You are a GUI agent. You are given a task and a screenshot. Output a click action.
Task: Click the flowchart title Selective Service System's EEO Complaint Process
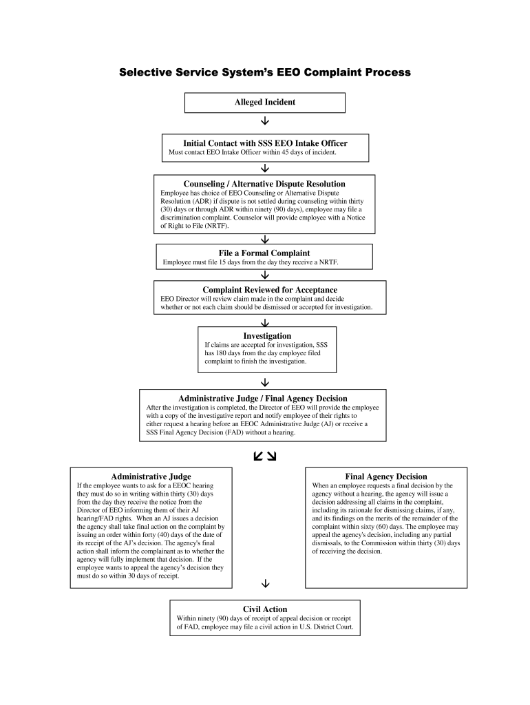265,72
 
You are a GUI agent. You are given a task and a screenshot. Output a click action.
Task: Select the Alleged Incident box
265,103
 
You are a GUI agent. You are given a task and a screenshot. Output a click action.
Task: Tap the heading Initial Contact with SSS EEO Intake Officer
265,143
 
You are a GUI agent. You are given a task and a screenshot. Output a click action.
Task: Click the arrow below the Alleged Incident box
265,123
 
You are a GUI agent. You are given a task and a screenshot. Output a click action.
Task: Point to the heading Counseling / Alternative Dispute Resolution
264,184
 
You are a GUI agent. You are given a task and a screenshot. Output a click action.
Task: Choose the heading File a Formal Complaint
264,253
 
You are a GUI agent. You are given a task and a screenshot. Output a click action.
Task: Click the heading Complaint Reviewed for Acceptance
270,290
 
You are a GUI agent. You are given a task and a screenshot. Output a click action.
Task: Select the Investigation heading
267,335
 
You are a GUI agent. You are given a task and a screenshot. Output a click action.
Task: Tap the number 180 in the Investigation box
226,352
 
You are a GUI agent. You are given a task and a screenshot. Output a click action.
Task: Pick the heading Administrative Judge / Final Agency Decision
263,398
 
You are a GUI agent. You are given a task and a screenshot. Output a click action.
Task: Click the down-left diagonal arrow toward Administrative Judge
257,456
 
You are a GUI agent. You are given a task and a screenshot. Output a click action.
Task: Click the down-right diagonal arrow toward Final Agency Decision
271,456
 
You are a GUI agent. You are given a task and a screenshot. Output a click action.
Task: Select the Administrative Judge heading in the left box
151,476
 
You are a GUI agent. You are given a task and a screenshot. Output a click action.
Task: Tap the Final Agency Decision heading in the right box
386,476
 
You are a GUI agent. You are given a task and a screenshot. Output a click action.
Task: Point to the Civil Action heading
265,609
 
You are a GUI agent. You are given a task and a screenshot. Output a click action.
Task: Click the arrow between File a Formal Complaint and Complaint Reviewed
265,275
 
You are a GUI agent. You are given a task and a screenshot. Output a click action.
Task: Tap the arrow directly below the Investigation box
265,382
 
